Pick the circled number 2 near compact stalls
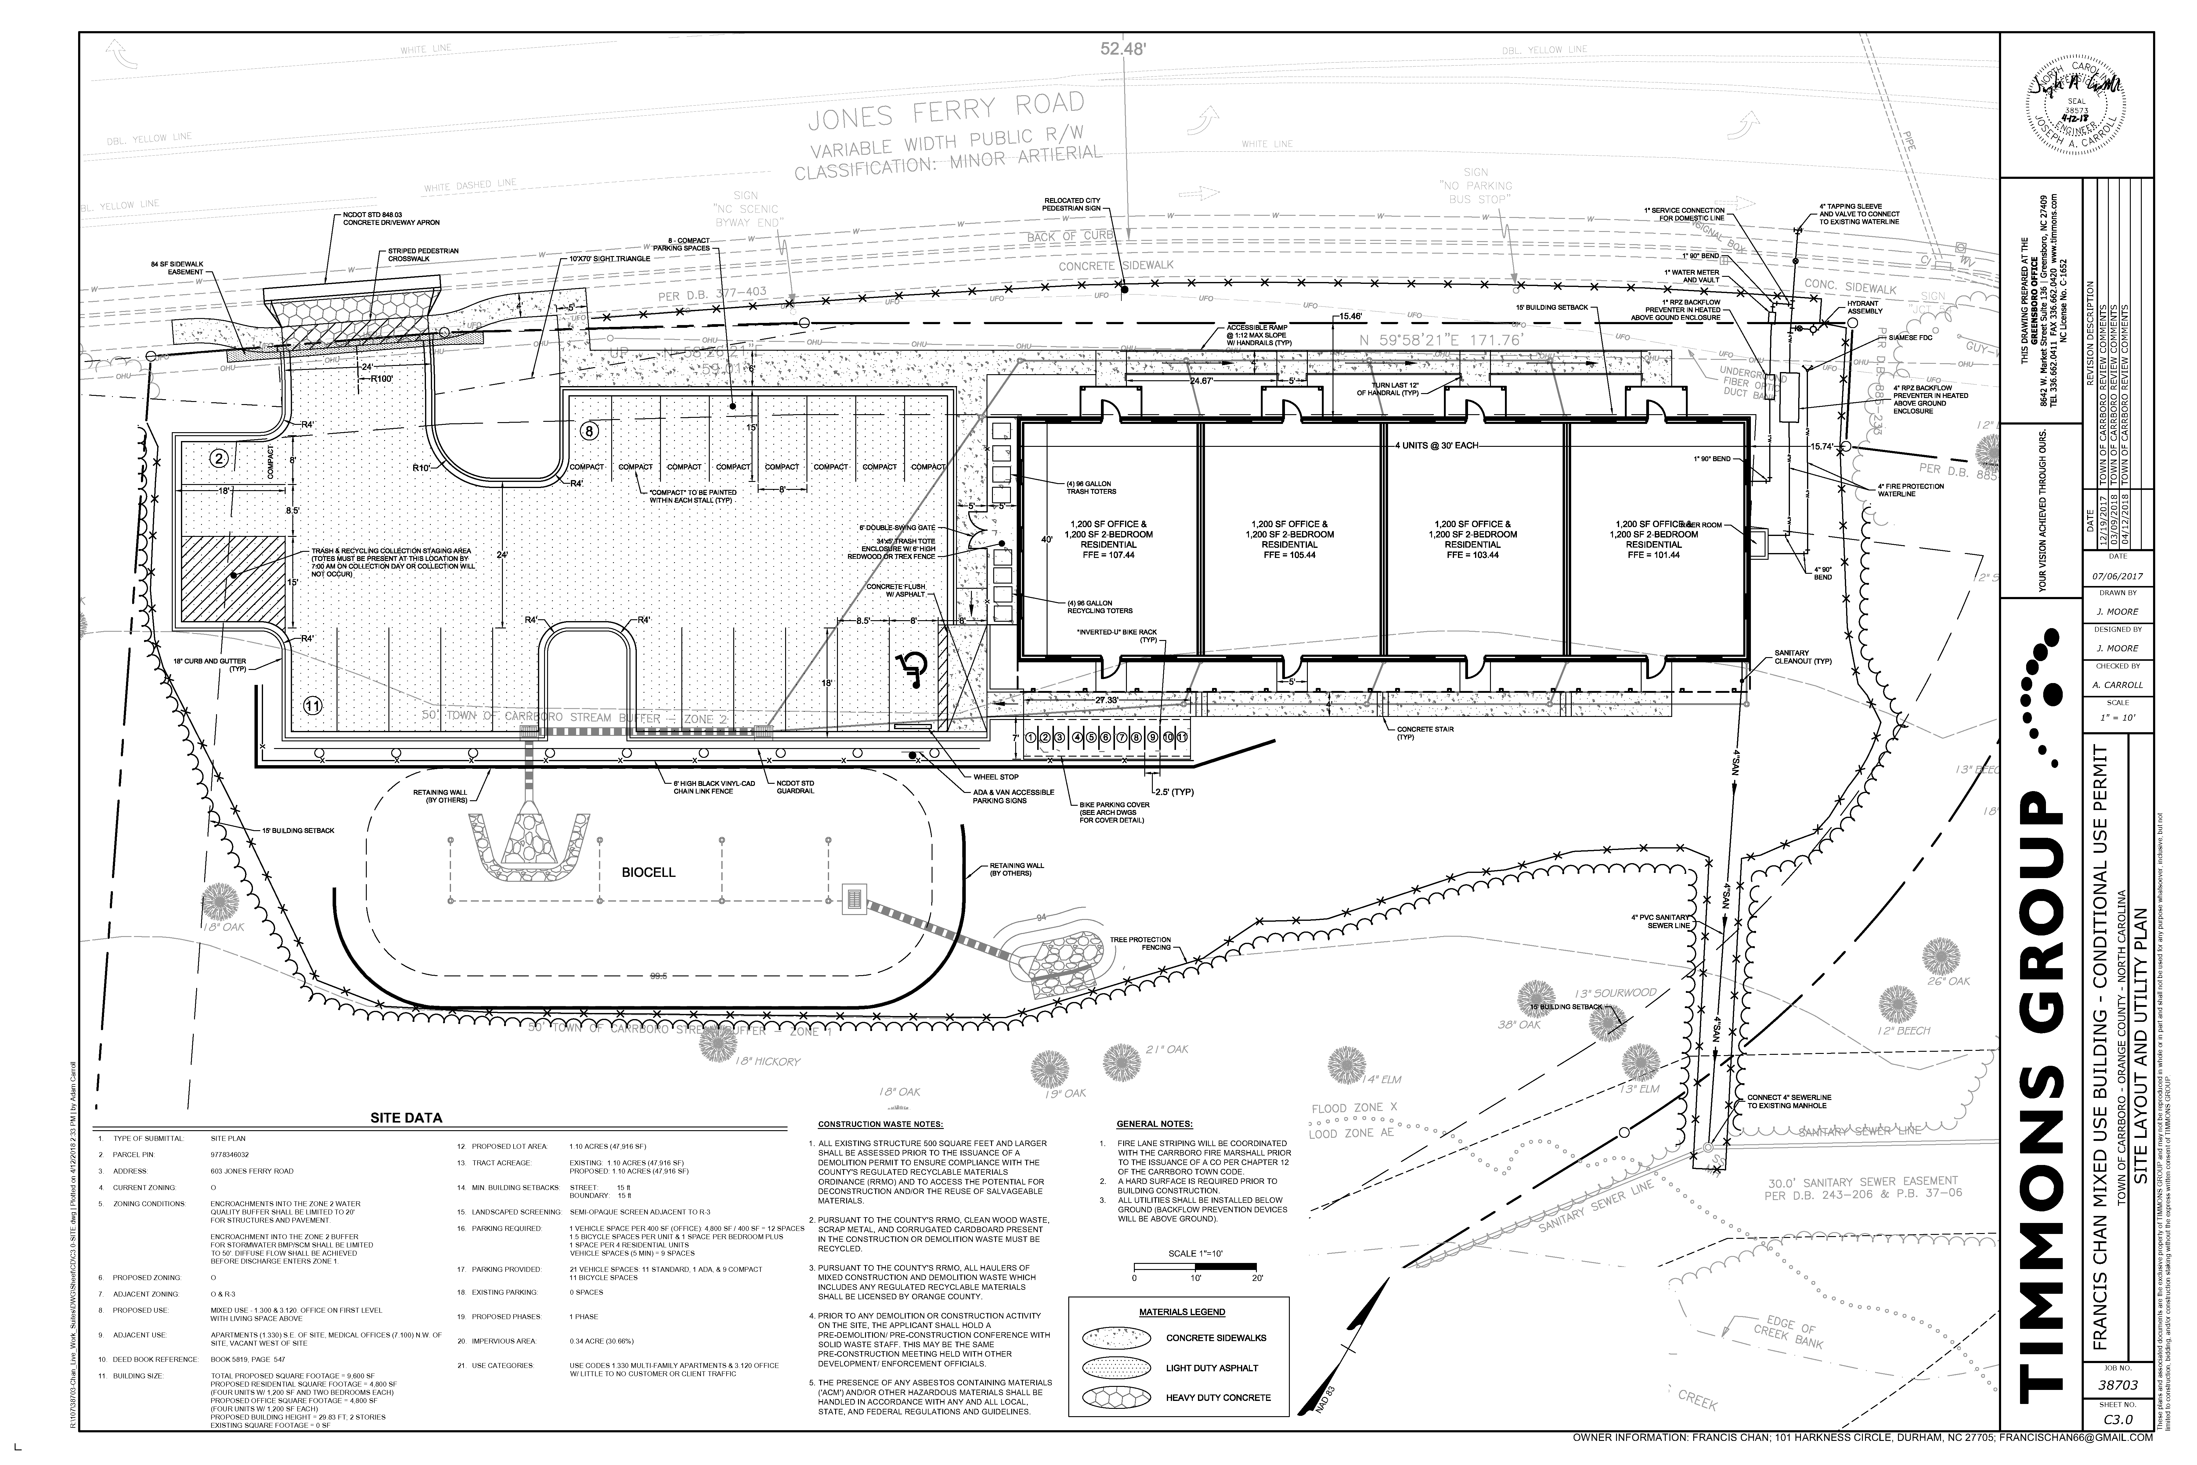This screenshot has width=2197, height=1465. (x=218, y=458)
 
